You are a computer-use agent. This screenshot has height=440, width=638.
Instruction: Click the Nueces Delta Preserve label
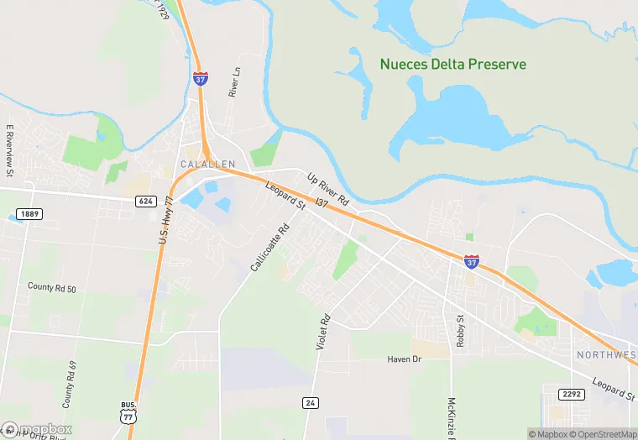point(452,64)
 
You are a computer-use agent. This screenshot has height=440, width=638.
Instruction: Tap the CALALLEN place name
point(207,164)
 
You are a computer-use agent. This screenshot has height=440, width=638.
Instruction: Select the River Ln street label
point(235,83)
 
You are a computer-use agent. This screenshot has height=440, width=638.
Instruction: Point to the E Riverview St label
point(11,150)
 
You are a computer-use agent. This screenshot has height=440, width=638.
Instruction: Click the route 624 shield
point(145,201)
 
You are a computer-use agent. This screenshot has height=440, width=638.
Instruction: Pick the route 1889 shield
point(28,214)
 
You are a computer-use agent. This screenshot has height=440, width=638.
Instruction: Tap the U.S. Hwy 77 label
point(165,220)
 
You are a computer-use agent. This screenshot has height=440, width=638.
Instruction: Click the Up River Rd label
point(327,189)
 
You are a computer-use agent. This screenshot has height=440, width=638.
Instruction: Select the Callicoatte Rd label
point(269,247)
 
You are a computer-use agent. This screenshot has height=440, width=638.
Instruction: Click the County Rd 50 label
point(52,288)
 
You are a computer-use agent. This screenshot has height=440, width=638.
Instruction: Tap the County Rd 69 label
point(69,380)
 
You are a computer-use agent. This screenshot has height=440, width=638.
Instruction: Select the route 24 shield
point(311,402)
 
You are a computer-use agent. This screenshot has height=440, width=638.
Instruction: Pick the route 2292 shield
point(571,393)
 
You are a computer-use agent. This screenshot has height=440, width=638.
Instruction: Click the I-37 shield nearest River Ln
point(201,78)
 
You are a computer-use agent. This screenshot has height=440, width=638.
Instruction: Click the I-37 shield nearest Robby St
point(472,262)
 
